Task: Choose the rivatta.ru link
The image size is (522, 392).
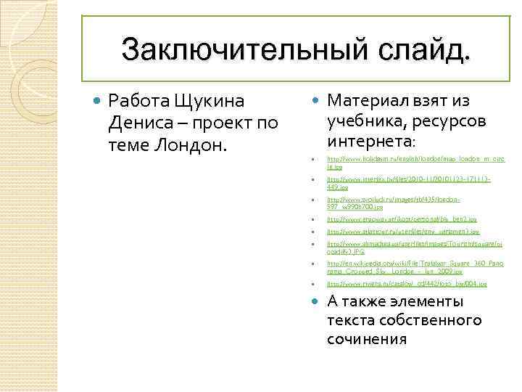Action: [407, 284]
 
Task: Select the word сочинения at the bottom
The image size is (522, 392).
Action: [367, 339]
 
